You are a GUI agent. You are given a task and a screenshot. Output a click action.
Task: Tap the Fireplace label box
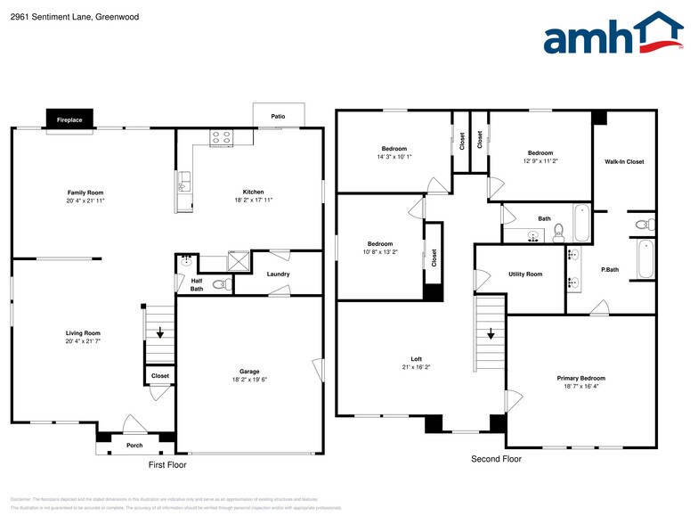coord(69,119)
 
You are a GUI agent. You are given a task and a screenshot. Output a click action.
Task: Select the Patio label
coord(278,117)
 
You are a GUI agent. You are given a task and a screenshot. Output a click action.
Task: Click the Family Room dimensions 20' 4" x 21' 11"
coord(86,201)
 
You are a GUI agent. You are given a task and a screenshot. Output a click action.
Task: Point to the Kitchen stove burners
coord(220,137)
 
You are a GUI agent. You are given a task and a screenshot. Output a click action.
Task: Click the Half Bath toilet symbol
coord(220,285)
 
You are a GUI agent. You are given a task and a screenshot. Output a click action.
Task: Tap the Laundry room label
coord(278,274)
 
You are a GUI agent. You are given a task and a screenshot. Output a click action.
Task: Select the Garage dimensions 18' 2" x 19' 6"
coord(248,379)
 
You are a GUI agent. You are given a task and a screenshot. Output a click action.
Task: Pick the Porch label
coord(134,446)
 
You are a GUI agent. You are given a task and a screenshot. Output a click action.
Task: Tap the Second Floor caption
coord(496,459)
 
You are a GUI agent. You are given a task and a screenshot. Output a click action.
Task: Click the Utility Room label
coord(525,274)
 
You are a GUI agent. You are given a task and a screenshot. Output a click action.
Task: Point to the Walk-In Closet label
coord(624,161)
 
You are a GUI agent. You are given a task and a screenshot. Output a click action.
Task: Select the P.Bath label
coord(610,269)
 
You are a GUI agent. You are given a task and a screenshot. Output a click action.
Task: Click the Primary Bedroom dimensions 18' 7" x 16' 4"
coord(580,386)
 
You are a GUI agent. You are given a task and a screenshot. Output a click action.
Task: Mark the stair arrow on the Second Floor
coord(489,336)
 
